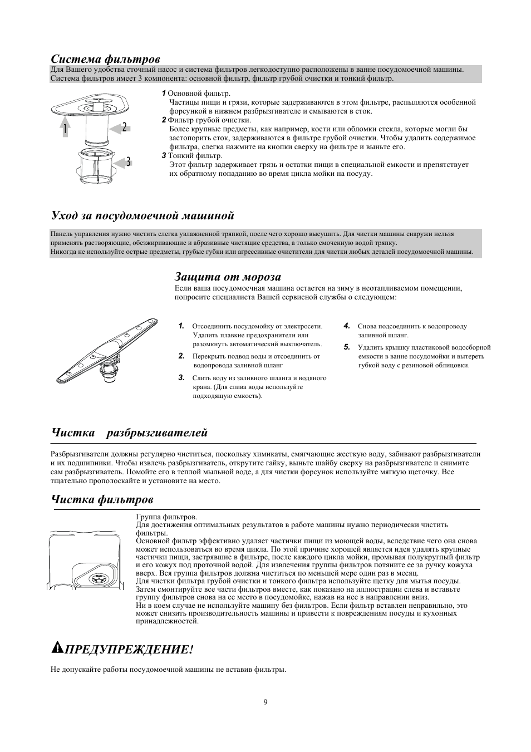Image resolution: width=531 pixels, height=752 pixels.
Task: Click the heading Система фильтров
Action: tap(106, 59)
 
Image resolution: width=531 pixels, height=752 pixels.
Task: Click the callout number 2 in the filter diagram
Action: tap(125, 127)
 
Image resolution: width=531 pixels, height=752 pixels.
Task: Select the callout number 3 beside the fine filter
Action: tap(128, 162)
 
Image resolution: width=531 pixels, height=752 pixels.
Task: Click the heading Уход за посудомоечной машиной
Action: tap(142, 215)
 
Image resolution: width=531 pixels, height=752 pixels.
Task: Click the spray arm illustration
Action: tap(106, 351)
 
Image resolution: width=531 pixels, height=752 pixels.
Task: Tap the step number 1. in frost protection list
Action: tap(181, 326)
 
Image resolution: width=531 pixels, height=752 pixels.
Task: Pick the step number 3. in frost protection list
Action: tap(181, 377)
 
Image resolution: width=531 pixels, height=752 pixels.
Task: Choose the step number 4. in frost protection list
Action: tap(346, 326)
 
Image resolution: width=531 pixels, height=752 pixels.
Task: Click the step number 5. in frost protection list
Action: tap(346, 347)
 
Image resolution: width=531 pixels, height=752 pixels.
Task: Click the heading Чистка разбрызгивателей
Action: tap(129, 432)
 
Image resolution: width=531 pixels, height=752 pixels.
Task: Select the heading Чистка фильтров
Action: tap(102, 499)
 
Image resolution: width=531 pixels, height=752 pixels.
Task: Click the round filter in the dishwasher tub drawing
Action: tap(99, 577)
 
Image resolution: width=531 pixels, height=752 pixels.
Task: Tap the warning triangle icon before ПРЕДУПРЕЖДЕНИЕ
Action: tap(57, 647)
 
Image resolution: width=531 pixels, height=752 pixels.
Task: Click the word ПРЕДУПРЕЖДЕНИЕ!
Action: tap(130, 650)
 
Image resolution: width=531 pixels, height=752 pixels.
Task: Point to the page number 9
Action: tap(265, 701)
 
